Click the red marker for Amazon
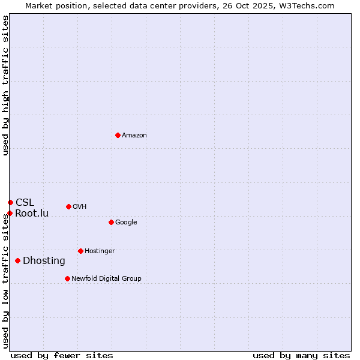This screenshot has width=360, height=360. [x=118, y=135]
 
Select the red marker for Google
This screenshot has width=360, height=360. [x=111, y=222]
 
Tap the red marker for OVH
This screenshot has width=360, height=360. [x=68, y=206]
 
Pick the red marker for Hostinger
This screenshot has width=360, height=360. [x=80, y=251]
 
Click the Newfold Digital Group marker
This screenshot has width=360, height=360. [x=67, y=278]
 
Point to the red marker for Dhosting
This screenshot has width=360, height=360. [x=17, y=260]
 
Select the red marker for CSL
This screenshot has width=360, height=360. [x=10, y=202]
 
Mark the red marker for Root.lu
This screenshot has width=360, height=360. [x=10, y=213]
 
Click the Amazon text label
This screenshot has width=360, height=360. [x=134, y=136]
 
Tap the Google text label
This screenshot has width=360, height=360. [x=126, y=223]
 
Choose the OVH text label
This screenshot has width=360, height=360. [x=80, y=207]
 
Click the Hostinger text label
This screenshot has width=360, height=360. [x=100, y=251]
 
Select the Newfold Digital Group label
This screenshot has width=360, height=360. [x=106, y=279]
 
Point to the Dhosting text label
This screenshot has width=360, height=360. [x=44, y=261]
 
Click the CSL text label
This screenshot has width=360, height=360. [x=25, y=203]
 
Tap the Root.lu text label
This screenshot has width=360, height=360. [x=32, y=214]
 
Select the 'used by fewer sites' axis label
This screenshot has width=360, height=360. [x=62, y=355]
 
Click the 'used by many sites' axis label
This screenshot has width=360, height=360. [x=301, y=355]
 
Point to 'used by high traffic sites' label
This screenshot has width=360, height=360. [x=6, y=85]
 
